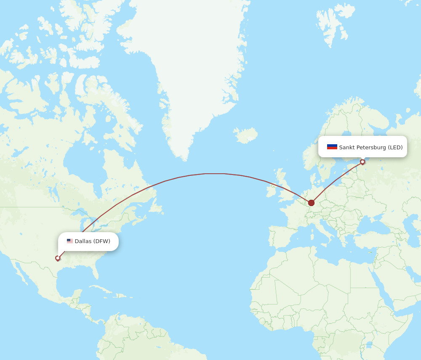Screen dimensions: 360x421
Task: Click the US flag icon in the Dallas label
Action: [x=69, y=241]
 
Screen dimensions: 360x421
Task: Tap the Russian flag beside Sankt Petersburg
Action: [x=332, y=147]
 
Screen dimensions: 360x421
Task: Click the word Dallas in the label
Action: [x=83, y=241]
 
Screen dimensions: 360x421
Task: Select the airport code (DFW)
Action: [x=101, y=241]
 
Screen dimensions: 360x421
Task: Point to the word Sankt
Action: [x=347, y=147]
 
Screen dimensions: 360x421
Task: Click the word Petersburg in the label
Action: [x=371, y=147]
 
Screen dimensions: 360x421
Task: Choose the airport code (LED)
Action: [x=395, y=147]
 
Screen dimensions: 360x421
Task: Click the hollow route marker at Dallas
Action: [x=58, y=258]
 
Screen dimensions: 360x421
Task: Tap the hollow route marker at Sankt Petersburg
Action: [x=362, y=162]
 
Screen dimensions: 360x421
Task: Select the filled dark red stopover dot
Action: [x=311, y=203]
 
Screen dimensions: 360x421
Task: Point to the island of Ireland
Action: [x=271, y=189]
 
